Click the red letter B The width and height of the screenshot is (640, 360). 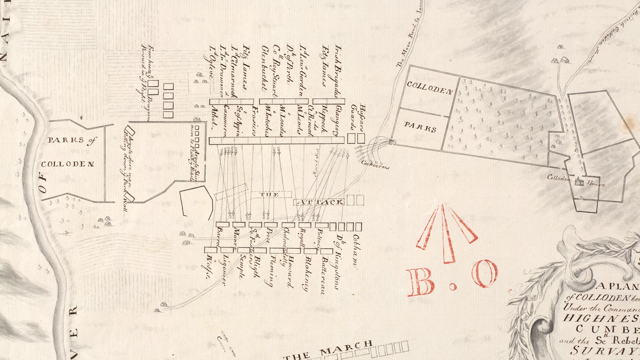[421, 283]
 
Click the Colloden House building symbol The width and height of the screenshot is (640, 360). [579, 182]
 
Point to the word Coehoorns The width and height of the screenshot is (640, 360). [375, 164]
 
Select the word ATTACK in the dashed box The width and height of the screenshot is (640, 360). [321, 202]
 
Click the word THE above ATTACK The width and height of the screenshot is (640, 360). [269, 195]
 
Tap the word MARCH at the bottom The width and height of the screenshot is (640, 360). [346, 348]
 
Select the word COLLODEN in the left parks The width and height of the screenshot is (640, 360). [68, 164]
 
